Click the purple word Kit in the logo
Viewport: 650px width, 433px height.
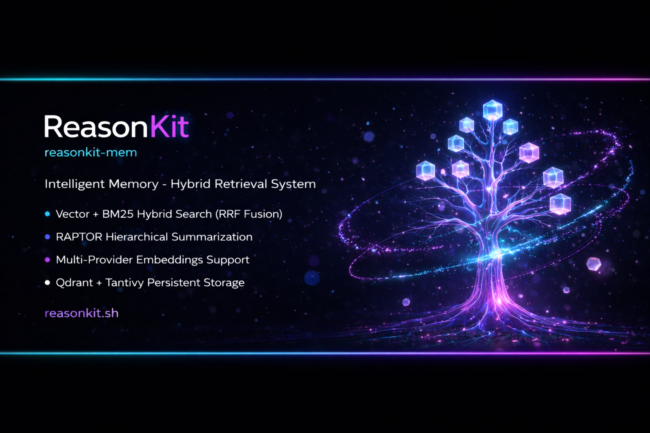(169, 126)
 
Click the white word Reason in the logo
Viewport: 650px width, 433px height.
(96, 126)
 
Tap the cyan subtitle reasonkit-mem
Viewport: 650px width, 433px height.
(91, 152)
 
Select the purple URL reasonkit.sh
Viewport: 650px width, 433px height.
(82, 313)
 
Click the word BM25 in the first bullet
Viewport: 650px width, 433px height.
(117, 214)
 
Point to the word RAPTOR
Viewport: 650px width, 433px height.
(79, 237)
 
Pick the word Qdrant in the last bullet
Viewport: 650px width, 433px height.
(74, 283)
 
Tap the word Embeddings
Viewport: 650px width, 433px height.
(169, 260)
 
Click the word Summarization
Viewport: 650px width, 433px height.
(212, 237)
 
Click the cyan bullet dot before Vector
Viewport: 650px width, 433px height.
(47, 214)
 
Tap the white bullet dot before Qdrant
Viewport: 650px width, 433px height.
(47, 282)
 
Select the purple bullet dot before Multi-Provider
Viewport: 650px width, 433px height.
(47, 260)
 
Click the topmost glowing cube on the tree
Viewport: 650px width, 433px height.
(493, 110)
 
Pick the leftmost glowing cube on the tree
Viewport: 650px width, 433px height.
(426, 170)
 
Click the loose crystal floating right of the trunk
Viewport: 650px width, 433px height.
(593, 264)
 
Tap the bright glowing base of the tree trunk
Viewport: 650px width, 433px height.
(499, 301)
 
